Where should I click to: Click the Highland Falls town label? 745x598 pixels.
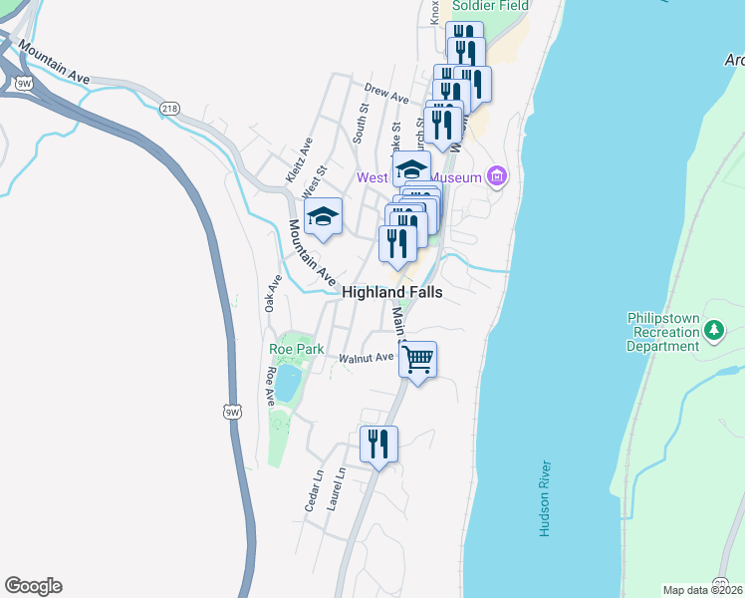click(391, 292)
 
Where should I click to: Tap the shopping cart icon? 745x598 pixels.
click(419, 359)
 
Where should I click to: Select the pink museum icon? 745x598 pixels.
click(497, 178)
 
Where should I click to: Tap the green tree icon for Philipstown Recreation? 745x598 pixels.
click(713, 329)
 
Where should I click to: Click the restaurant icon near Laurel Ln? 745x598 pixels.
click(378, 443)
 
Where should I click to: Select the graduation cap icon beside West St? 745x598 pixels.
click(323, 217)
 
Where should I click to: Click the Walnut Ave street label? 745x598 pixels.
click(367, 357)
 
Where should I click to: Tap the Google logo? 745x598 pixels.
click(33, 586)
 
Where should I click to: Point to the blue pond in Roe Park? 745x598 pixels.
click(287, 383)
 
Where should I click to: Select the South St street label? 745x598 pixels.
click(362, 127)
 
